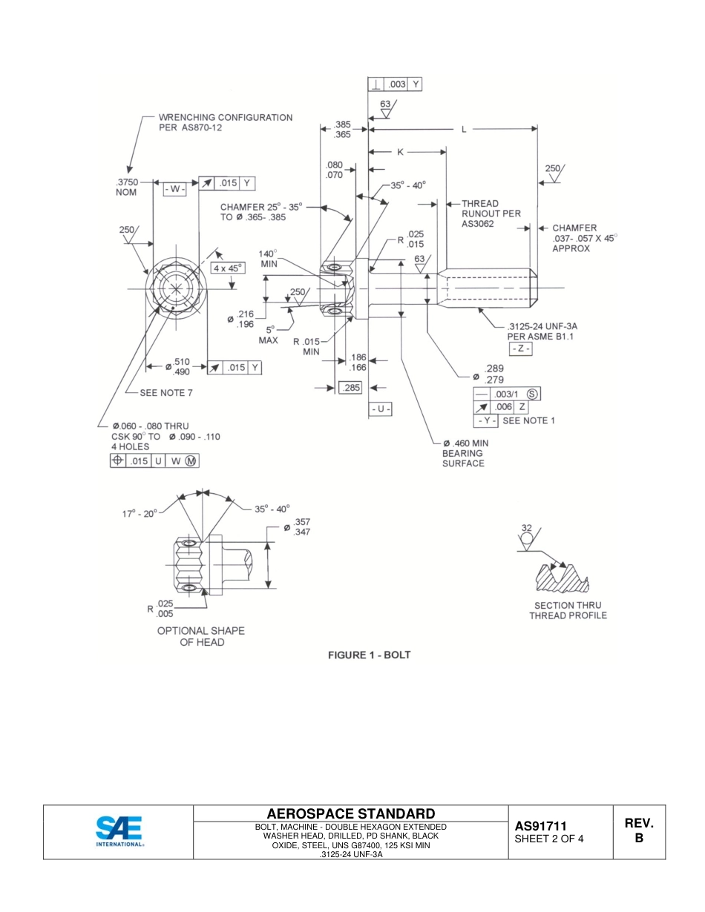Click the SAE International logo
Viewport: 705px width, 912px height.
(x=119, y=832)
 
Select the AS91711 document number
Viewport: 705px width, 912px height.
(x=541, y=826)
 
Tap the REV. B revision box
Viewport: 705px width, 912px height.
(x=638, y=830)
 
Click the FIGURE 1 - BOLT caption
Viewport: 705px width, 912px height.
(x=369, y=655)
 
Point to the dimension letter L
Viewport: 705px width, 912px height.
(x=464, y=129)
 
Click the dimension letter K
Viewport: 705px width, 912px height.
(x=399, y=152)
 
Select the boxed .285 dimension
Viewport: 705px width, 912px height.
(x=350, y=387)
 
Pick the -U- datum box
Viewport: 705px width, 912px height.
(x=381, y=409)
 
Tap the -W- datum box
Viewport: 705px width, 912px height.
(x=174, y=189)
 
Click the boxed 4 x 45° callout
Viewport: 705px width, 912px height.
(x=227, y=268)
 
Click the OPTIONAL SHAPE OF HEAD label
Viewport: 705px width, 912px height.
(x=200, y=636)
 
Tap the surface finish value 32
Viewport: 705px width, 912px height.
(x=526, y=528)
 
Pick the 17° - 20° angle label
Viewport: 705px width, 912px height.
(x=140, y=512)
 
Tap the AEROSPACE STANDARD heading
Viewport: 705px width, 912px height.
(x=350, y=813)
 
